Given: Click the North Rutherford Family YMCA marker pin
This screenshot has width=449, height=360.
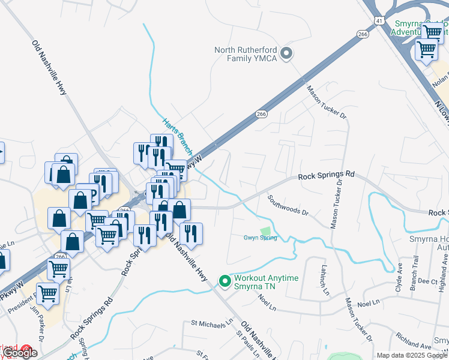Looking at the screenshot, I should click(286, 53).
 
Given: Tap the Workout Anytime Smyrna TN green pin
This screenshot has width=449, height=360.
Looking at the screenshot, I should click(225, 280).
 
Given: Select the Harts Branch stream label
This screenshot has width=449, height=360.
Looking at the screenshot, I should click(177, 136).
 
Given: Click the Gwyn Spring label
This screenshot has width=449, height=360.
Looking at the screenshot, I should click(260, 238).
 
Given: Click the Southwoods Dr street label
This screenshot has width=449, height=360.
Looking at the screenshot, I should click(288, 205).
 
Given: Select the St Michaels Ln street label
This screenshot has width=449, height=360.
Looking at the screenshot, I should click(211, 323).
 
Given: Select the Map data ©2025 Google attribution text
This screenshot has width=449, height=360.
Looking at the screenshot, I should click(411, 355).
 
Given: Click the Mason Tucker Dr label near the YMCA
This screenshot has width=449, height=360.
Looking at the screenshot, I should click(327, 101).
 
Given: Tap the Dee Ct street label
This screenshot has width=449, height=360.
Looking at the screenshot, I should click(427, 281).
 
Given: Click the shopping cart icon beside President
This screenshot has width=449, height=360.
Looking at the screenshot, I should click(47, 294).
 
